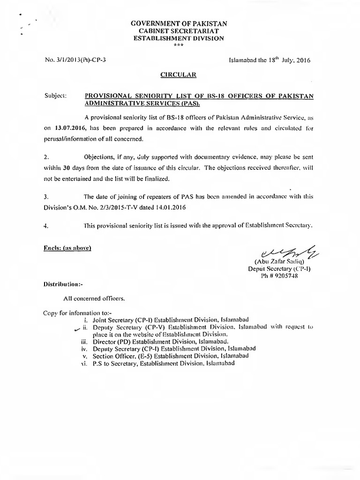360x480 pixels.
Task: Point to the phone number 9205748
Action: tap(285, 277)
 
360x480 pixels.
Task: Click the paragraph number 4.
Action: tap(45, 225)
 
